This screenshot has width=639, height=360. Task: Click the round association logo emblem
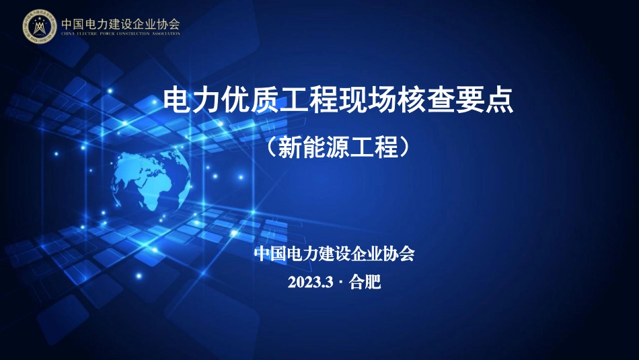click(x=39, y=26)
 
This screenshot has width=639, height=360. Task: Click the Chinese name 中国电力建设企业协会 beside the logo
click(x=120, y=23)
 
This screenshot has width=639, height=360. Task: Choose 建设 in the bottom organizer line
click(x=330, y=255)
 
